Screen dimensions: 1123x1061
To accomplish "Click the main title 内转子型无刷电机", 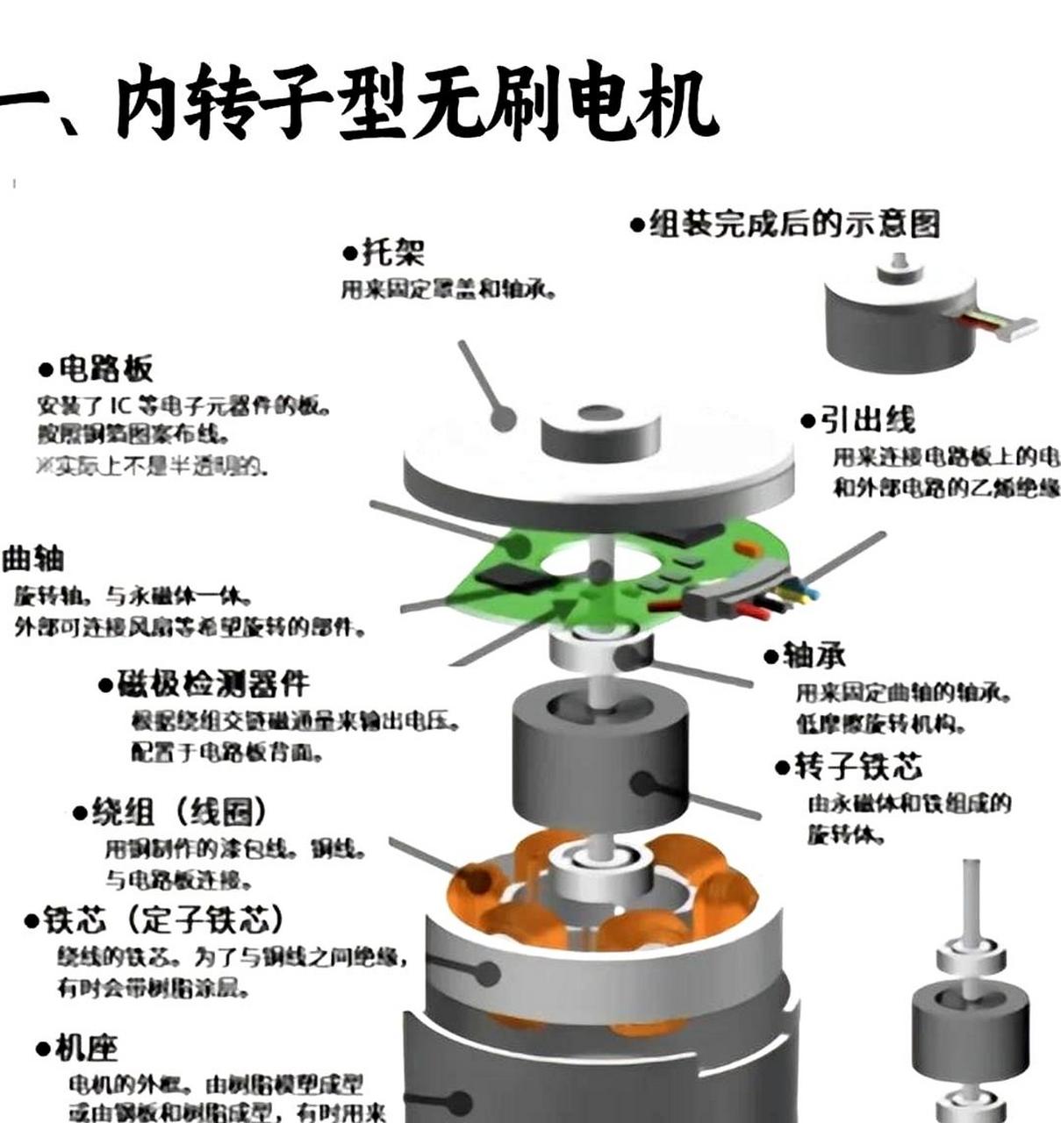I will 360,104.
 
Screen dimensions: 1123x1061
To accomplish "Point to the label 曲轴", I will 33,558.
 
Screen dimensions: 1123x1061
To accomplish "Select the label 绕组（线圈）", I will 170,812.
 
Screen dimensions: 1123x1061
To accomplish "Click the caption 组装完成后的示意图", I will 785,224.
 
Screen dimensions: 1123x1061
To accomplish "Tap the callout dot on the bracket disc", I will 503,418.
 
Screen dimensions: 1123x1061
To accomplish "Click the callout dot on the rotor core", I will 644,783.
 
